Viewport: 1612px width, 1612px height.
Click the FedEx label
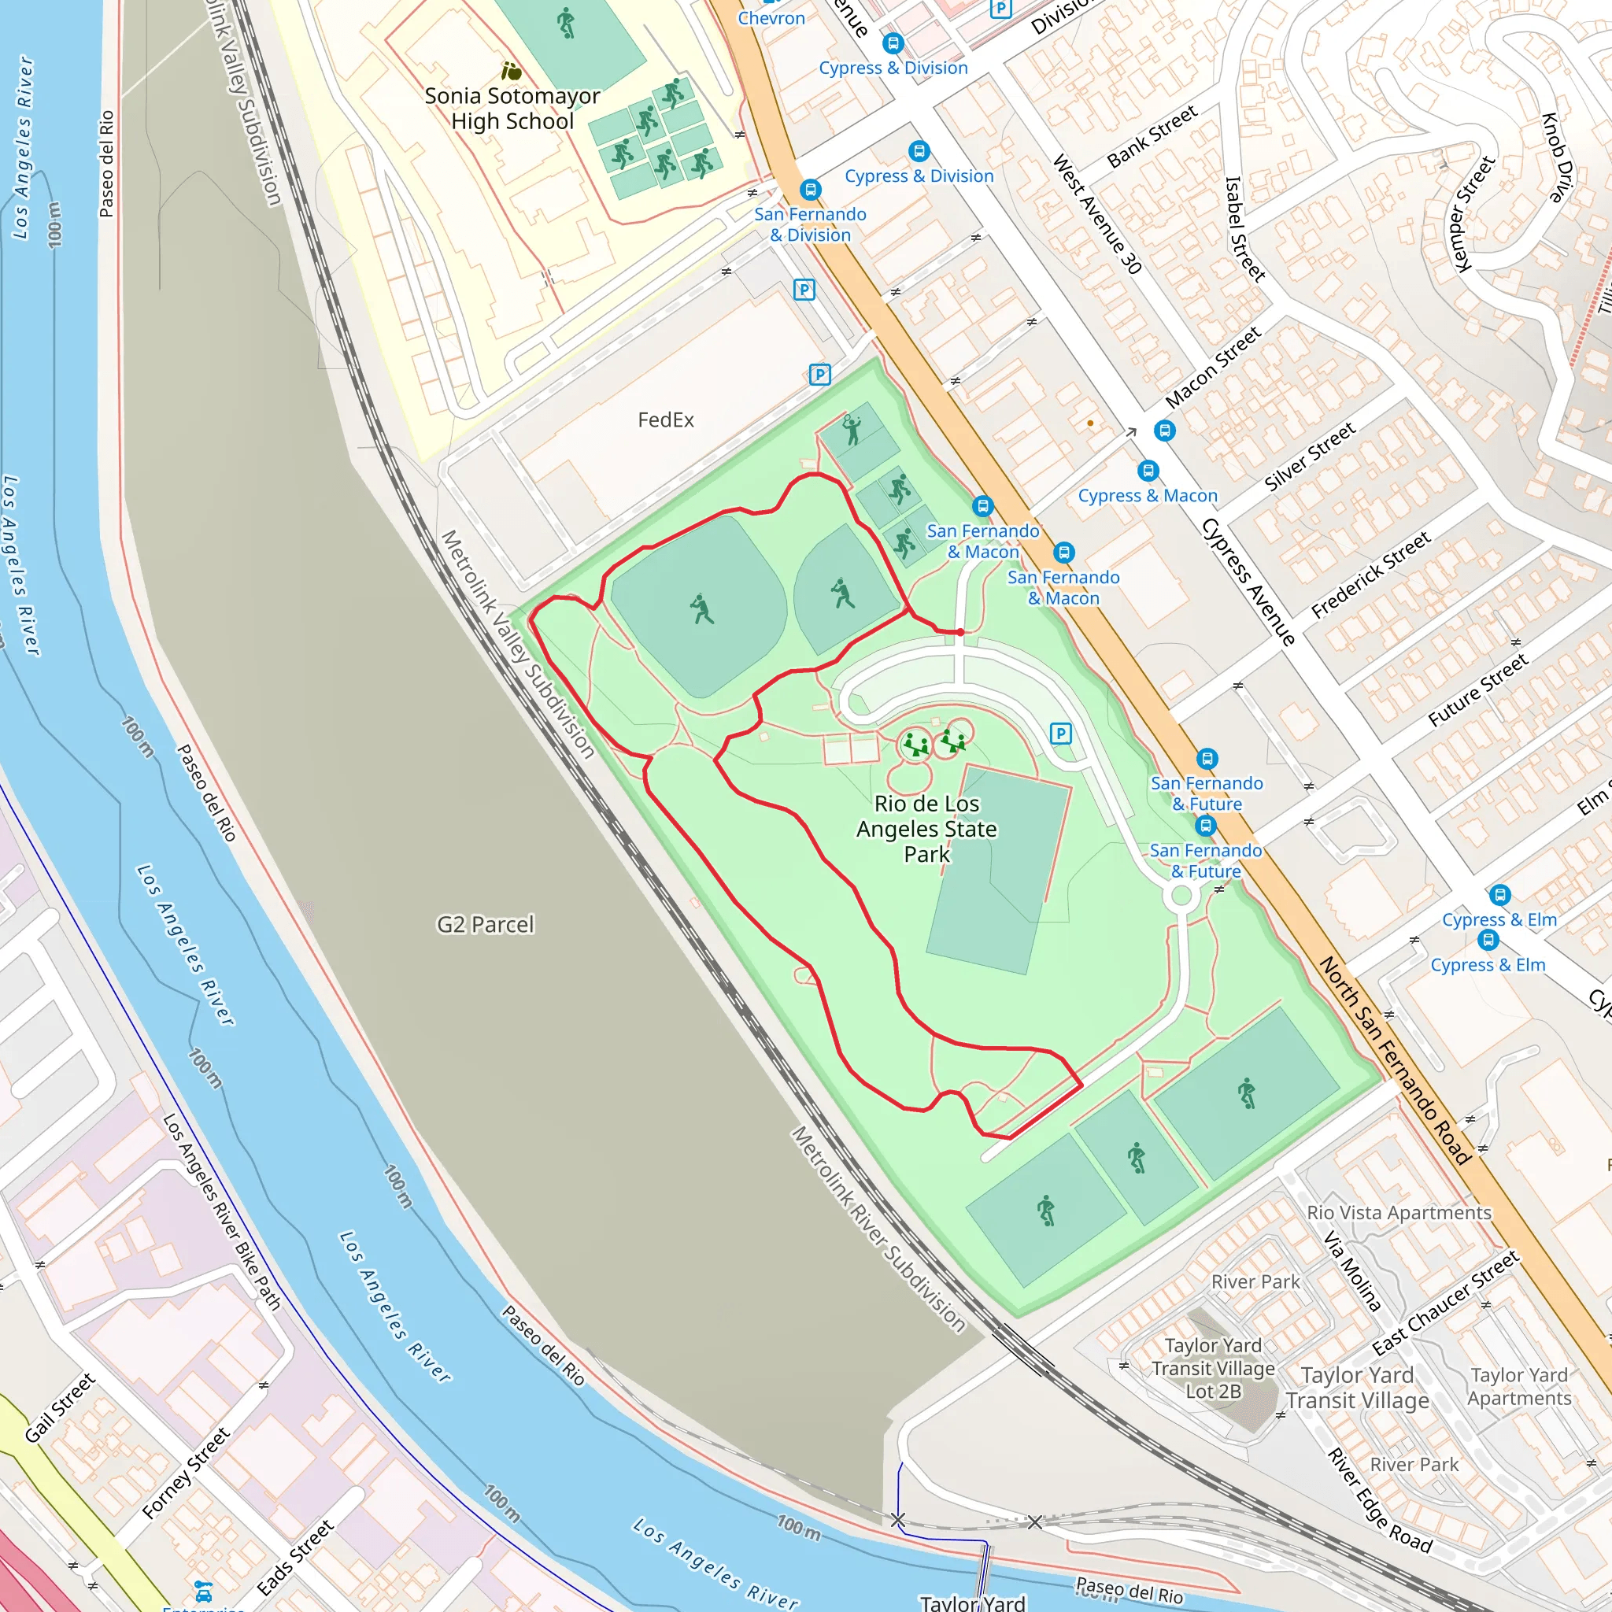pyautogui.click(x=665, y=420)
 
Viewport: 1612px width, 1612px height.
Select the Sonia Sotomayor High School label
pyautogui.click(x=512, y=109)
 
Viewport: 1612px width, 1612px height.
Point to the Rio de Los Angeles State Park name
pyautogui.click(x=926, y=829)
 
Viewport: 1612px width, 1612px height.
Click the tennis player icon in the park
pyautogui.click(x=851, y=430)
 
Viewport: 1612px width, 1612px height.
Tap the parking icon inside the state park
pyautogui.click(x=1059, y=734)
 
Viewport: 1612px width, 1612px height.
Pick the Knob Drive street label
pyautogui.click(x=1557, y=157)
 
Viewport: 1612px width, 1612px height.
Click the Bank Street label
pyautogui.click(x=1152, y=136)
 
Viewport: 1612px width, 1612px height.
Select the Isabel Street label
pyautogui.click(x=1245, y=227)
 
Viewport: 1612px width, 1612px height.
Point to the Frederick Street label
pyautogui.click(x=1370, y=575)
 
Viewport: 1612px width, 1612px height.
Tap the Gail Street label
pyautogui.click(x=60, y=1407)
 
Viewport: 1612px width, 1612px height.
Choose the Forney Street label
pyautogui.click(x=185, y=1473)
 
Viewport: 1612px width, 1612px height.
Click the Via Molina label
pyautogui.click(x=1352, y=1270)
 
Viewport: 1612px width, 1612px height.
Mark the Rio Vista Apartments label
pyautogui.click(x=1399, y=1212)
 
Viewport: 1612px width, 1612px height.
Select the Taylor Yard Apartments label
pyautogui.click(x=1518, y=1386)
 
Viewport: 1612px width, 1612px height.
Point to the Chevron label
pyautogui.click(x=771, y=17)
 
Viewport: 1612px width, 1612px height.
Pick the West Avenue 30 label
pyautogui.click(x=1096, y=213)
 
